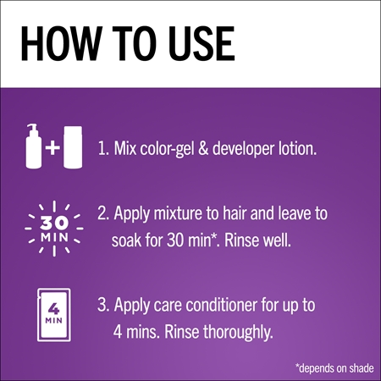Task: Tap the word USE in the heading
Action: (x=202, y=43)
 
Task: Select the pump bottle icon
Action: (x=34, y=146)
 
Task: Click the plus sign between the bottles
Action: (x=52, y=147)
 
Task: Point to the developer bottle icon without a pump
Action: (x=73, y=147)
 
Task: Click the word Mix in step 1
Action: (x=125, y=148)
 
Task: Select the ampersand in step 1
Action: (x=203, y=148)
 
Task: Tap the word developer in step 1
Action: (x=243, y=150)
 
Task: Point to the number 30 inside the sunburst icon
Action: (x=54, y=224)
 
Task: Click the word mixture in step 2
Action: (x=178, y=213)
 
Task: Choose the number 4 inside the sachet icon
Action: (x=53, y=309)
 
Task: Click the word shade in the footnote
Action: (x=362, y=368)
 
